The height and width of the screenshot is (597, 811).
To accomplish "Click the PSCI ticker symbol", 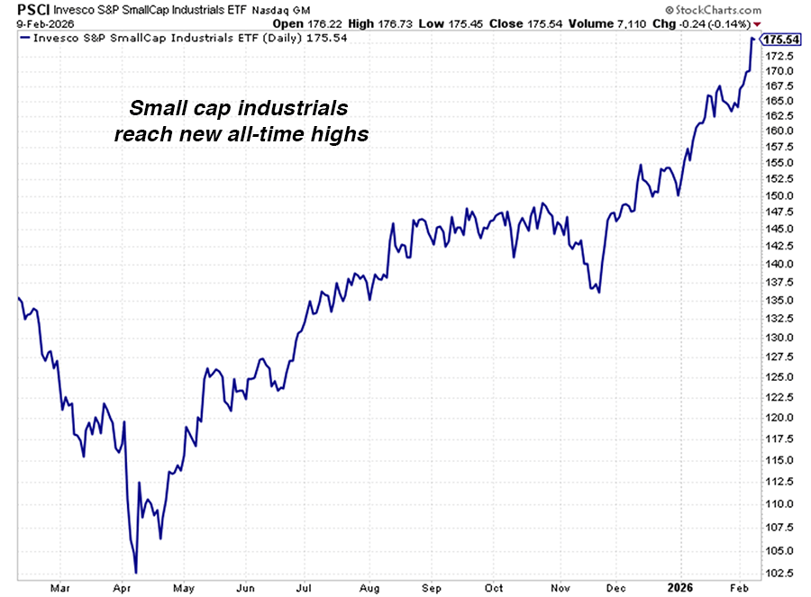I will pyautogui.click(x=21, y=10).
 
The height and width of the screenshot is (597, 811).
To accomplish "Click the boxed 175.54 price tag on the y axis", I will pyautogui.click(x=781, y=40).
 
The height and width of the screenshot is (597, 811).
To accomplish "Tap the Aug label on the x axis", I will pyautogui.click(x=369, y=588).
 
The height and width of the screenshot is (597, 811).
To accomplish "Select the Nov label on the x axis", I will pyautogui.click(x=557, y=588).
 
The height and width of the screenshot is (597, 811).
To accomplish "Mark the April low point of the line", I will pyautogui.click(x=135, y=572).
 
